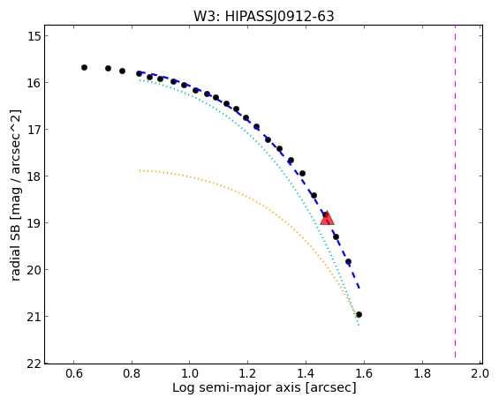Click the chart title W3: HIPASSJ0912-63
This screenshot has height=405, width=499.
point(264,17)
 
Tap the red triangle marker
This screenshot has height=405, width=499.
point(327,219)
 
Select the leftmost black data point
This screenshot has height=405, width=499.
point(84,67)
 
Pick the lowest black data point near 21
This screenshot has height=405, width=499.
point(359,314)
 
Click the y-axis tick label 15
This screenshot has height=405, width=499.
point(34,36)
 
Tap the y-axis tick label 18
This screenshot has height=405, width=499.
point(34,176)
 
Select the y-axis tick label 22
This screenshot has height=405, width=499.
point(34,364)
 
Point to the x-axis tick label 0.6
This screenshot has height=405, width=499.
point(74,373)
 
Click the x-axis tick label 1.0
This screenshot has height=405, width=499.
point(190,373)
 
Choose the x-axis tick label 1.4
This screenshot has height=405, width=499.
point(306,373)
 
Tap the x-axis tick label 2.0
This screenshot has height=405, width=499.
point(480,373)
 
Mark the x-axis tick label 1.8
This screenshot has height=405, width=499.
point(422,373)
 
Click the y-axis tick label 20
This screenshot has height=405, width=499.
point(34,270)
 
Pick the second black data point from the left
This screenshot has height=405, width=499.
point(108,68)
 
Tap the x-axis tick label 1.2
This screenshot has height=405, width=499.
point(247,373)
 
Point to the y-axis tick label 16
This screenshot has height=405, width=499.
point(34,83)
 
